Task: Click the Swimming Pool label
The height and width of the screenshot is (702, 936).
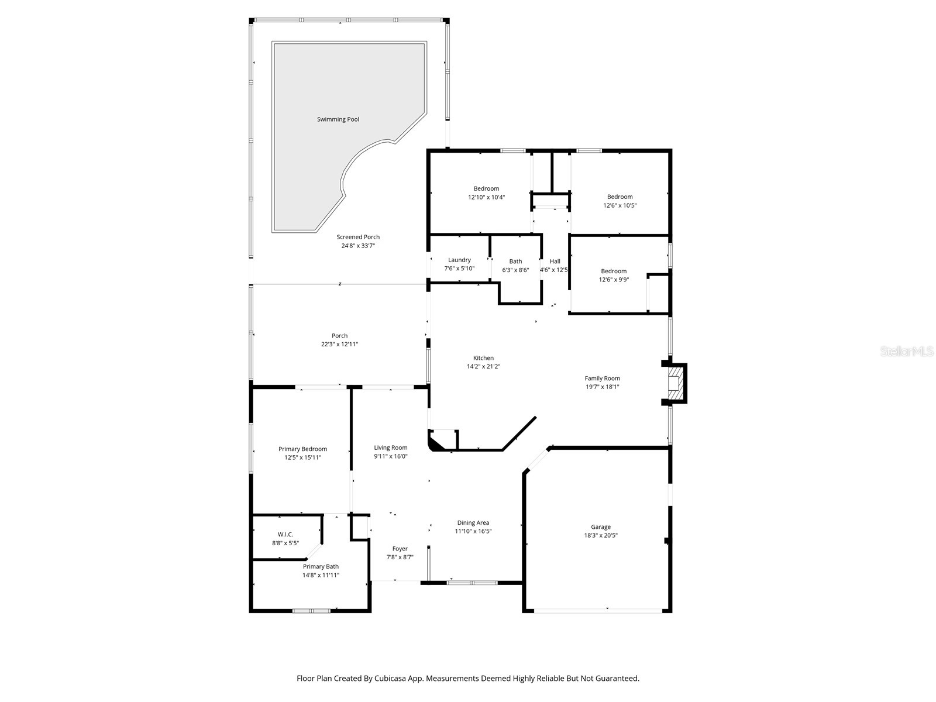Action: (338, 119)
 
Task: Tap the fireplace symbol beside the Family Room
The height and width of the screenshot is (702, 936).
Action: (676, 383)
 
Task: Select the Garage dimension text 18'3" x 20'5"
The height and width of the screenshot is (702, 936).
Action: (600, 535)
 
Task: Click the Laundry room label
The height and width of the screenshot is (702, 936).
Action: (459, 260)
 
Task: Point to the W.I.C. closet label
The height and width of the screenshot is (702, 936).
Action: (285, 535)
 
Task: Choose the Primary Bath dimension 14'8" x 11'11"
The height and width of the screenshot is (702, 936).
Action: (321, 575)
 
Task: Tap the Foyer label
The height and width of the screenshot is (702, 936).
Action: (400, 549)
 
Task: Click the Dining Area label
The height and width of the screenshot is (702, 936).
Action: (473, 523)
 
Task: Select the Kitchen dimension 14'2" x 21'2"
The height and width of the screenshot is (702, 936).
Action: (483, 367)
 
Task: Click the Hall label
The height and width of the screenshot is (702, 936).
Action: (555, 261)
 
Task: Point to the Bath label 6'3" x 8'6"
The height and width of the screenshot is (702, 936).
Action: (515, 261)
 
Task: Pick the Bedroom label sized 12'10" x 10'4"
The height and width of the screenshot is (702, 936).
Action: (486, 188)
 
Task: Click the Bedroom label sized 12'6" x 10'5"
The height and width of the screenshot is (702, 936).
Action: (620, 197)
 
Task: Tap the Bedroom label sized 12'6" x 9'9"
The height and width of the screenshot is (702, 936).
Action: (614, 271)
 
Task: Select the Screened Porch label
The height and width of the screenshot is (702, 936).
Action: (358, 237)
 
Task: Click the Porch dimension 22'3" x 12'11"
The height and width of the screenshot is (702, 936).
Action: (339, 345)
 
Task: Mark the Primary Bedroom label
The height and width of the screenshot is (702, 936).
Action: (302, 449)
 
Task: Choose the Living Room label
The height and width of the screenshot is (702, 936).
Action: (391, 448)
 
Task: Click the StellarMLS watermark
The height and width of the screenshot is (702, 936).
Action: (907, 351)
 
